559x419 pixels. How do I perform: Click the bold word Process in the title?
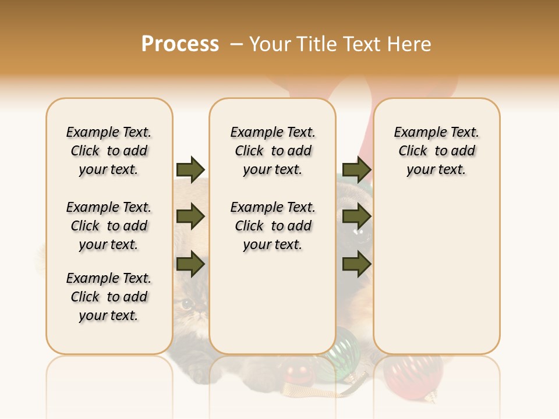tap(180, 44)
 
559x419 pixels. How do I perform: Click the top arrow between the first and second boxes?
tap(190, 169)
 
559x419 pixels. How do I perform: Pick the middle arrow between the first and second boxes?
tap(190, 216)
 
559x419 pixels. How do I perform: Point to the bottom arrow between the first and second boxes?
tap(190, 264)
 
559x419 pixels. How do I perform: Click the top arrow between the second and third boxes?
tap(356, 169)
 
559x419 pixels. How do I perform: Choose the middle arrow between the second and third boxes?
tap(356, 216)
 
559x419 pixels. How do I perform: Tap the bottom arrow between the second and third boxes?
tap(356, 264)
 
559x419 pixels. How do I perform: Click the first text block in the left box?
tap(109, 151)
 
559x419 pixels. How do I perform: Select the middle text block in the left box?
tap(109, 226)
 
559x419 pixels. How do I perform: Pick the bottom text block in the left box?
tap(109, 297)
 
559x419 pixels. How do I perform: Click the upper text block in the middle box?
tap(273, 151)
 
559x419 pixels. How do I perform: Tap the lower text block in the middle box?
tap(273, 226)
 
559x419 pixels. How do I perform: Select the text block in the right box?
tap(436, 151)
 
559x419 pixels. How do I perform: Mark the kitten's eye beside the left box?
tap(187, 303)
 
